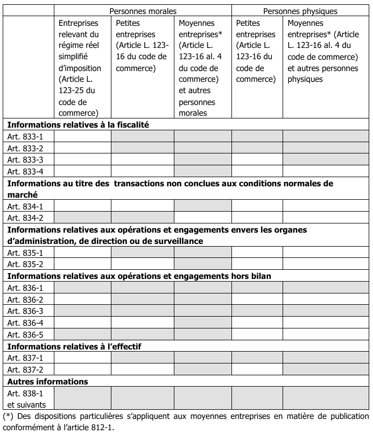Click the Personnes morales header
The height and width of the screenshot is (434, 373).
coord(143,10)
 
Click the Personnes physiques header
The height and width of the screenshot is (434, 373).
coord(300,10)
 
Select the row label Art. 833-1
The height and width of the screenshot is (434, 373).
coord(25,136)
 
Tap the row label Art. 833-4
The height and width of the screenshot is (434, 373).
coord(25,172)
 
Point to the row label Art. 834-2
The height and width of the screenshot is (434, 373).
coord(25,218)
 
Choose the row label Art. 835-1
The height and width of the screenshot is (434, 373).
coord(25,253)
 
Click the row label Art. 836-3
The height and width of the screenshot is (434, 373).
coord(25,311)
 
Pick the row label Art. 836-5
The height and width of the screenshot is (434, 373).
coord(25,335)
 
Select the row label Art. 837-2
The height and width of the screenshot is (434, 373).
coord(25,370)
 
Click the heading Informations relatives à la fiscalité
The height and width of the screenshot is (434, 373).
coord(78,124)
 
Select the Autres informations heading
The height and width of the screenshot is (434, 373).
coord(47,382)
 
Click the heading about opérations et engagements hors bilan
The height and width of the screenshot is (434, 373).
coord(139,276)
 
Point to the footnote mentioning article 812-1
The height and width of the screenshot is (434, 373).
coord(186,422)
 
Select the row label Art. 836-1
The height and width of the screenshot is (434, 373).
coord(25,288)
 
